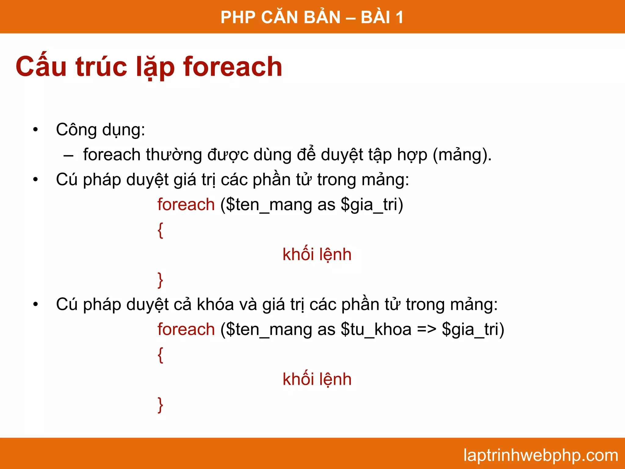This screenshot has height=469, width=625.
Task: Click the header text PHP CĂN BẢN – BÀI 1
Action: (x=312, y=17)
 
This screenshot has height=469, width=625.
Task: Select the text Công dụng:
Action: (x=100, y=130)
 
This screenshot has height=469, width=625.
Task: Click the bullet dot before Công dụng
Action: (x=36, y=130)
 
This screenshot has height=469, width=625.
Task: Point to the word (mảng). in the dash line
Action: (x=462, y=155)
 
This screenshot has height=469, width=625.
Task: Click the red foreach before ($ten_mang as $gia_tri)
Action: (x=186, y=205)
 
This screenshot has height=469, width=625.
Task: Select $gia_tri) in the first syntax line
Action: (x=372, y=205)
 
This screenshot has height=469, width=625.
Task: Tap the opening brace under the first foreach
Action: (x=160, y=230)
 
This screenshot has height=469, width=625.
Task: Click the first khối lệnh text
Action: (x=317, y=255)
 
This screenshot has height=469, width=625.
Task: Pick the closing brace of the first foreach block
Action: (x=160, y=280)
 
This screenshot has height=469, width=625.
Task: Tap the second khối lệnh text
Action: (x=317, y=380)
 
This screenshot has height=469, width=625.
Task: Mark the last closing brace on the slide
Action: (x=160, y=405)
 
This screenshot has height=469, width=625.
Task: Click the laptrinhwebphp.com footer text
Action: (x=540, y=455)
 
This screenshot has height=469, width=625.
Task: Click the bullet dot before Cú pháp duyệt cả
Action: (x=36, y=304)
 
